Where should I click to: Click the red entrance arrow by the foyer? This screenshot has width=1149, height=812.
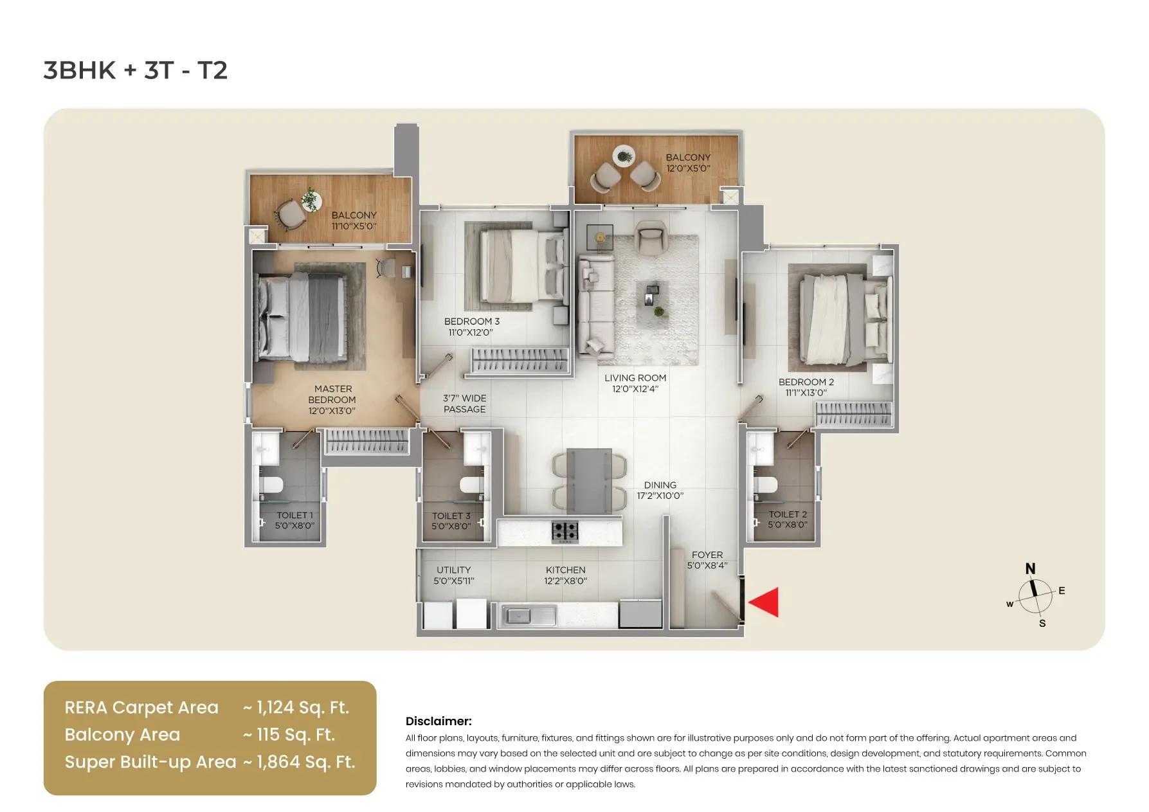point(765,602)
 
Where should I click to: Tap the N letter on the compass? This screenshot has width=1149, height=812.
point(1030,569)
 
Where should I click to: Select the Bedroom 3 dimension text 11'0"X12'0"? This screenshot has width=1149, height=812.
point(471,332)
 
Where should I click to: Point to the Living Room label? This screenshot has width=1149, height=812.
point(635,378)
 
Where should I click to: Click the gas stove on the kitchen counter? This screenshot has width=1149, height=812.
point(565,531)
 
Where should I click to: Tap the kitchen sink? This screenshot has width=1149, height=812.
point(529,616)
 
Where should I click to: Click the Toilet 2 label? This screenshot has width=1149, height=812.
point(787,514)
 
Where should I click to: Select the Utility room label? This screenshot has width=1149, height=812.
point(453,570)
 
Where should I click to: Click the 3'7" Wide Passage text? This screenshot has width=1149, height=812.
point(464,404)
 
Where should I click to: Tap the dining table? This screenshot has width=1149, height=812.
point(589,480)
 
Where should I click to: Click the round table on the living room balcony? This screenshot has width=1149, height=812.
point(624,156)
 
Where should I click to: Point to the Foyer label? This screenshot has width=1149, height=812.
point(707,555)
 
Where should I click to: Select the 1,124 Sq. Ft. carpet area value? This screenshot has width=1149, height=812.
point(302,707)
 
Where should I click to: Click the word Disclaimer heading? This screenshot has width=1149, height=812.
point(438,721)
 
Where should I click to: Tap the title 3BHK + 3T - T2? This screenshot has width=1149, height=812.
point(136,70)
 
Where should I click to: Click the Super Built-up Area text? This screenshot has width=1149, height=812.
point(150,762)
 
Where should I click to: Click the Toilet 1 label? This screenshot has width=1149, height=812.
point(294,515)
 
